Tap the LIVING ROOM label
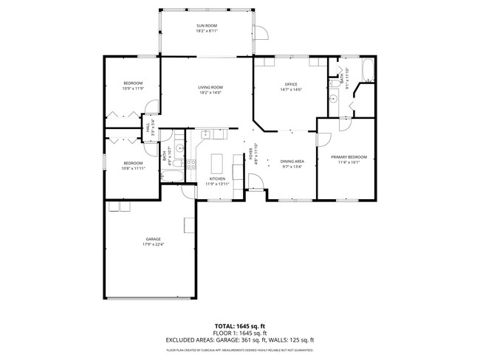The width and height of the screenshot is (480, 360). (x=210, y=88)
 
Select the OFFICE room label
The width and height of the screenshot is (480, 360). (x=290, y=84)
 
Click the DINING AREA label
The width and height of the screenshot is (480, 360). (x=292, y=162)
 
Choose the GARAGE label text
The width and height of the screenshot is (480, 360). (x=153, y=239)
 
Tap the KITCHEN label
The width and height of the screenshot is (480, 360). (x=216, y=179)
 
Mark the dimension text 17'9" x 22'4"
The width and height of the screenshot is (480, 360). (x=153, y=245)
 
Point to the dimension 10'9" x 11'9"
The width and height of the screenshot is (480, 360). (x=132, y=89)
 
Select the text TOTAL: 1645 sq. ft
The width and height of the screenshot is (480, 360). (x=239, y=325)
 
